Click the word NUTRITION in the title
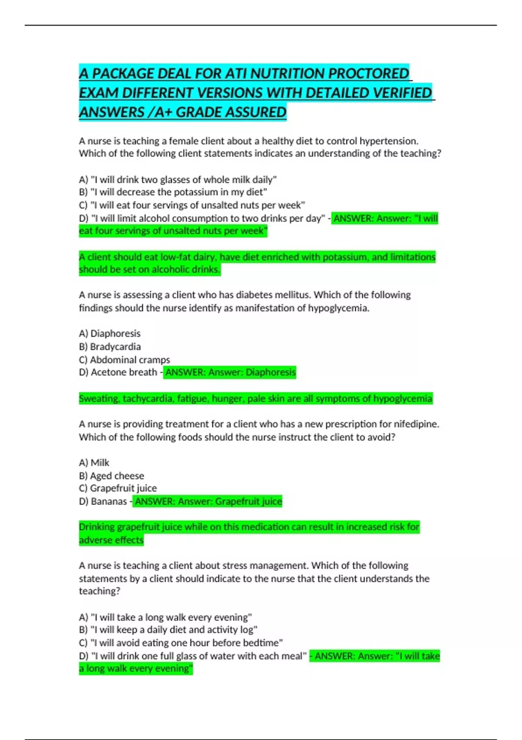(287, 74)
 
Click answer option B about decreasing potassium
(173, 192)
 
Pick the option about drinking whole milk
(178, 179)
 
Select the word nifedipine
(415, 424)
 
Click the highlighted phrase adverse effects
(111, 540)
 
